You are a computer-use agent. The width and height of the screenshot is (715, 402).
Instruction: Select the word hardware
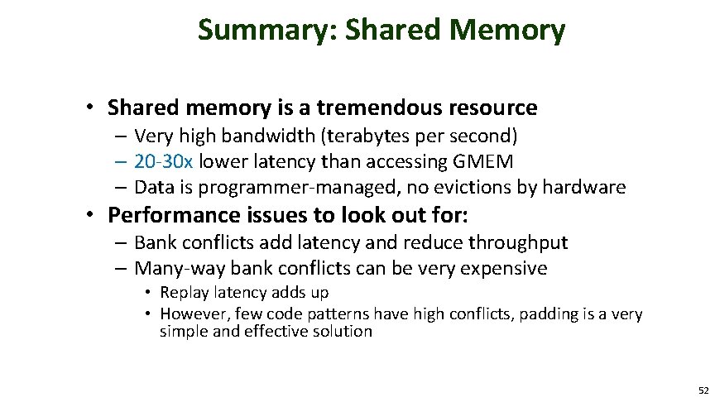pyautogui.click(x=583, y=187)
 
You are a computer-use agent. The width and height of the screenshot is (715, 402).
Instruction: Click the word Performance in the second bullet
pyautogui.click(x=170, y=216)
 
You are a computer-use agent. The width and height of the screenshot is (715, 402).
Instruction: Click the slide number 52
pyautogui.click(x=703, y=390)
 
